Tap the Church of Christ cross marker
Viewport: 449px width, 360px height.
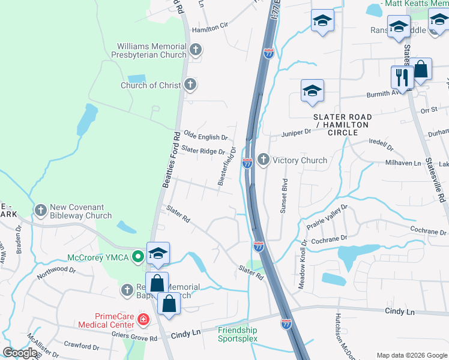click(x=190, y=85)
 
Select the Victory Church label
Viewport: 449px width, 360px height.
click(x=300, y=160)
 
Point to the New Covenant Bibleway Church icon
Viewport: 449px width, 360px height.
click(x=41, y=211)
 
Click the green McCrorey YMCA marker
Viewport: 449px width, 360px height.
click(x=138, y=257)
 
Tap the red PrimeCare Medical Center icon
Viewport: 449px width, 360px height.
click(x=143, y=319)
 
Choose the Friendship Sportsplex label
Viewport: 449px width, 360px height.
click(x=237, y=334)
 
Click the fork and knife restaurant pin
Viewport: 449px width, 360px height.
click(x=402, y=77)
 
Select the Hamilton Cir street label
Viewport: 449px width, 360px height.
click(x=211, y=26)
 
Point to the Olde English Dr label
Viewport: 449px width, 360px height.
click(x=205, y=137)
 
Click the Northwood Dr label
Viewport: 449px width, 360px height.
click(x=56, y=270)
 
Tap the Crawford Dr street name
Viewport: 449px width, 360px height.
click(x=82, y=346)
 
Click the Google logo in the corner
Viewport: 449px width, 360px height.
click(x=20, y=353)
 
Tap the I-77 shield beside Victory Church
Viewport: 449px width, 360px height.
click(x=247, y=163)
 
